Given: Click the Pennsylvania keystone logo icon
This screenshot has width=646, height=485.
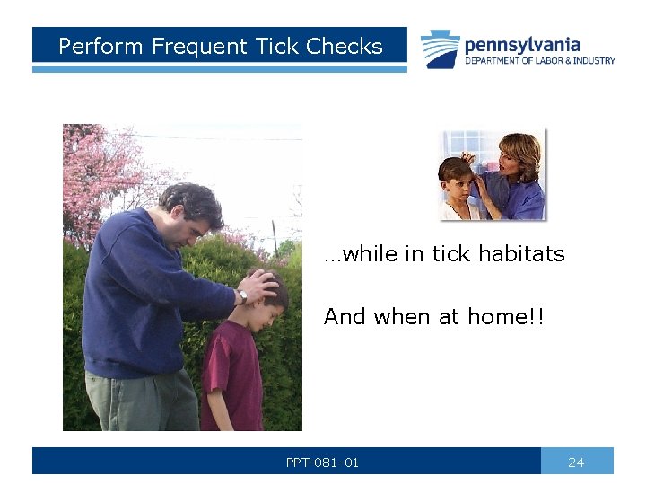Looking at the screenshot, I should click(441, 49).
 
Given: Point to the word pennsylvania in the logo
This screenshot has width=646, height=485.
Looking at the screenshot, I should click(521, 44).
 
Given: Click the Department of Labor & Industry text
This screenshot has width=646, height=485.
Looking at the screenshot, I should click(539, 61).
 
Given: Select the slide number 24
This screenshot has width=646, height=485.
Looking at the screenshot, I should click(576, 462).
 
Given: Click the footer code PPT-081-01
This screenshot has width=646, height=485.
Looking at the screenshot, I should click(322, 462).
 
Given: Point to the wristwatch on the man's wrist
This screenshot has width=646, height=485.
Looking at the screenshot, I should click(242, 295).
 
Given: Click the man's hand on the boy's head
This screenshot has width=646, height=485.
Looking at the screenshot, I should click(261, 286).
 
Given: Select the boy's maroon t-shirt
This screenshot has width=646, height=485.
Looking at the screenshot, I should click(231, 368).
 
